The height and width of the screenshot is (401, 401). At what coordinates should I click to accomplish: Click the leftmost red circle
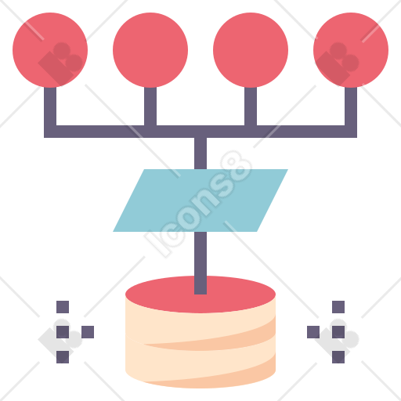coord(50,50)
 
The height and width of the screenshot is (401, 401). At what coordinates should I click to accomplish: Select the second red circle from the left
coord(150,50)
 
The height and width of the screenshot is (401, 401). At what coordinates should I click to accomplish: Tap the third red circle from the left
coord(251,50)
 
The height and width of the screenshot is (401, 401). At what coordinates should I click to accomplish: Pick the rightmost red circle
coord(351,50)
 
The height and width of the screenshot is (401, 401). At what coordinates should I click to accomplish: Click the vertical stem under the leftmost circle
coord(50,107)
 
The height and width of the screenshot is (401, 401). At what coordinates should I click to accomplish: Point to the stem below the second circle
coord(150,107)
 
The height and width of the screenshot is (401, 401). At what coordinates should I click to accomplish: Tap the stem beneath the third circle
coord(251,107)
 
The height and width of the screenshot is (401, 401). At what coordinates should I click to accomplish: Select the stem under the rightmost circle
coord(351,107)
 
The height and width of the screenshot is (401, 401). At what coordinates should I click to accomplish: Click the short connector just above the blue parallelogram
coord(200,154)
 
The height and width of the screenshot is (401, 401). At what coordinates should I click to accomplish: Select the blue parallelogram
coord(200,200)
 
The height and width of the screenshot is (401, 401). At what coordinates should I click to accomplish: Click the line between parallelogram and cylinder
coord(200,263)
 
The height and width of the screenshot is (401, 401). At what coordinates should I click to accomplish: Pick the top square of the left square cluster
coord(63,307)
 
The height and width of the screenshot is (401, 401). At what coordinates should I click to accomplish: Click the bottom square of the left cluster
coord(63,357)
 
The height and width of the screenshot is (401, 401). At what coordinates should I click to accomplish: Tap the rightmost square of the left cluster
coord(88,332)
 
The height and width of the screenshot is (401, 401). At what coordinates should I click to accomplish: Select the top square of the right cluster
coord(338,307)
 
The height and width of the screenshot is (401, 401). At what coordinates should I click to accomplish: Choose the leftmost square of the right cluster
coord(313,332)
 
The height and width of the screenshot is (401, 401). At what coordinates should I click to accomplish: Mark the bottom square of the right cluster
coord(338,357)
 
